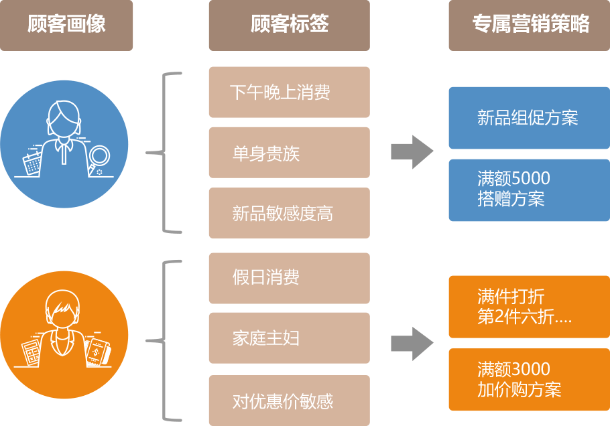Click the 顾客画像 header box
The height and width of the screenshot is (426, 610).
coord(66,25)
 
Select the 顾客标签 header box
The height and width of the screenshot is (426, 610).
coord(289,25)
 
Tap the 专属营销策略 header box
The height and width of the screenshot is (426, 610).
coord(529,25)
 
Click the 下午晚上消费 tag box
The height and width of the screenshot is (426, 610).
coord(289,92)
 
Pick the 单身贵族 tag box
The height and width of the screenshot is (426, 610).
coord(289,153)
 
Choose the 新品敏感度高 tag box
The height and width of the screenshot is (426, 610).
coord(289,213)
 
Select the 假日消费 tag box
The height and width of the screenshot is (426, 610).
coord(289,277)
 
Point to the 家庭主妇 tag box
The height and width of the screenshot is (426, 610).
coord(289,338)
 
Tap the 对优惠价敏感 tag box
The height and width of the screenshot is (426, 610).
coord(289,401)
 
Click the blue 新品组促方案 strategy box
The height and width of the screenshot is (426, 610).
coord(529,118)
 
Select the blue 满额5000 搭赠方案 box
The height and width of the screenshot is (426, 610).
coord(529,190)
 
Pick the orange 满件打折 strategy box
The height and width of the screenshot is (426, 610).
coord(529,306)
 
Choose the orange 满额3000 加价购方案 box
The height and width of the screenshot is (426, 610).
coord(529,379)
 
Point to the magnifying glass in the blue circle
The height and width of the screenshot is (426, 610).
coord(99,158)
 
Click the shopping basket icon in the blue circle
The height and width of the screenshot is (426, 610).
coord(31,162)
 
